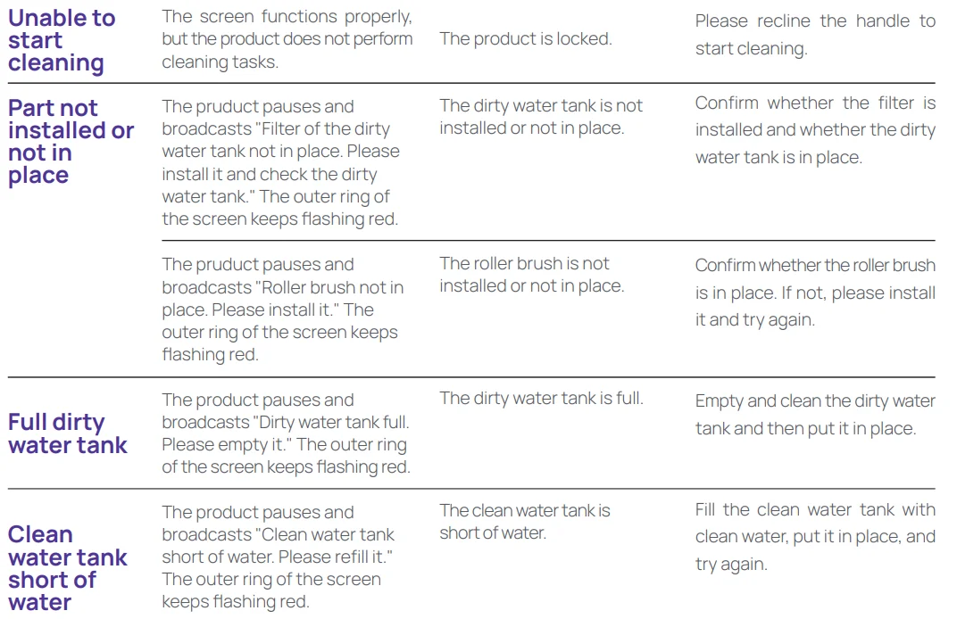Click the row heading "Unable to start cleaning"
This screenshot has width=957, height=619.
pyautogui.click(x=62, y=41)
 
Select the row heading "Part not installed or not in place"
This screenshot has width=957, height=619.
pyautogui.click(x=71, y=142)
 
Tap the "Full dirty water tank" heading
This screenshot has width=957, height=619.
pyautogui.click(x=68, y=433)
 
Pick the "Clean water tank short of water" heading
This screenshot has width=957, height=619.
pyautogui.click(x=68, y=568)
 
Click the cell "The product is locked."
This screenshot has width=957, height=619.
pyautogui.click(x=526, y=39)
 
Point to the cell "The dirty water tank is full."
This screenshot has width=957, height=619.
pyautogui.click(x=541, y=399)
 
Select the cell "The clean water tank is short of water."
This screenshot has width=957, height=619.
pyautogui.click(x=525, y=522)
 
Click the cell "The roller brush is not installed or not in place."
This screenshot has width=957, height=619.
pyautogui.click(x=531, y=275)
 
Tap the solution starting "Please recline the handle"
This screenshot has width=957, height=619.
pyautogui.click(x=815, y=35)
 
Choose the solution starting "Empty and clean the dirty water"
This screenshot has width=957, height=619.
pyautogui.click(x=815, y=415)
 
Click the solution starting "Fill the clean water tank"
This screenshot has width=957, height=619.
pyautogui.click(x=815, y=537)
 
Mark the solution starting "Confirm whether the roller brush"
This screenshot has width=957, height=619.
pyautogui.click(x=815, y=292)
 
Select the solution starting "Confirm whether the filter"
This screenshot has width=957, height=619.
pyautogui.click(x=815, y=130)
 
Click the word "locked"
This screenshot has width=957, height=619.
pyautogui.click(x=583, y=39)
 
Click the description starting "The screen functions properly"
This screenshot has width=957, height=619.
pyautogui.click(x=287, y=39)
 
